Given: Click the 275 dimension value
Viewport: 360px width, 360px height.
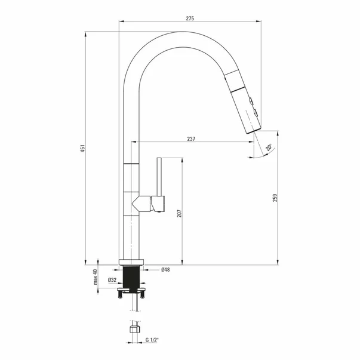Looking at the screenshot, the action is tap(190, 19).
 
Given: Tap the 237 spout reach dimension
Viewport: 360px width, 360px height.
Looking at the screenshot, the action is tap(191, 139).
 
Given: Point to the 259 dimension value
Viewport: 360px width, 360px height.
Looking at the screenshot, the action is tap(275, 198).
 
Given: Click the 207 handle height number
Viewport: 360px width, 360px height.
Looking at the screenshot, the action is tap(179, 213).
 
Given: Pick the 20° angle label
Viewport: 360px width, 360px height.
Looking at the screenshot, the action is tap(269, 147).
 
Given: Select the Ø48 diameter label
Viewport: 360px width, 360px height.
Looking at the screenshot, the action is tap(165, 269).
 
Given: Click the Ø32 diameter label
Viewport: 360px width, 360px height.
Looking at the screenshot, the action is tap(112, 280).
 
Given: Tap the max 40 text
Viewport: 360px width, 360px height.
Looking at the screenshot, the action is tap(96, 276).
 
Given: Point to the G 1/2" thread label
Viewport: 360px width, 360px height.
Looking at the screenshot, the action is tap(152, 340).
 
